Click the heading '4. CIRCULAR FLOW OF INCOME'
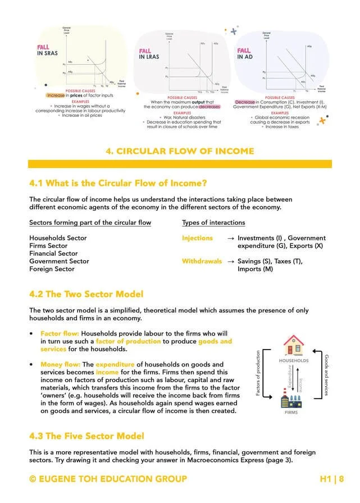coord(180,151)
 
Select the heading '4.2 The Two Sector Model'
coord(86,294)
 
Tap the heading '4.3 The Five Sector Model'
coord(86,436)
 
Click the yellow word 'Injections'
coord(197,238)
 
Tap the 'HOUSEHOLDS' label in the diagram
coord(294,360)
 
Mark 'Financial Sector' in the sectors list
coord(53,253)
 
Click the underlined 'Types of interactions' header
coord(213,223)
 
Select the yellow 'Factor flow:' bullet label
coord(60,333)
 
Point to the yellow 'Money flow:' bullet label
coord(61,365)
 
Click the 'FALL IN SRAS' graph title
coord(47,53)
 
